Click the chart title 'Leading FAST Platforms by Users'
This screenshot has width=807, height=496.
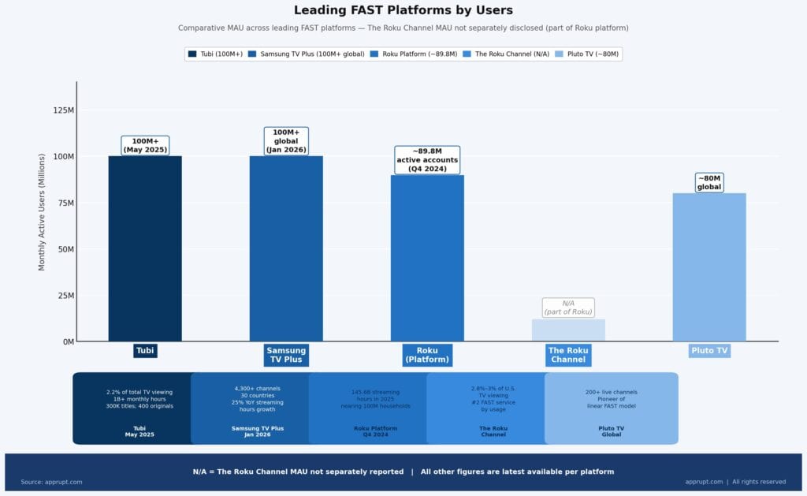(403, 10)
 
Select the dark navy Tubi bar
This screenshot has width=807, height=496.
(145, 248)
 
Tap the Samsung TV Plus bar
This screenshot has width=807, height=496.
(286, 248)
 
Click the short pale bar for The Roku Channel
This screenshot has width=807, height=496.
(568, 330)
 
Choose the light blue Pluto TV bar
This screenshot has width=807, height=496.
(709, 267)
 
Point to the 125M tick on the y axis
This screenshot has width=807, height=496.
(64, 110)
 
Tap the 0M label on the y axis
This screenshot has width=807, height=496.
(67, 342)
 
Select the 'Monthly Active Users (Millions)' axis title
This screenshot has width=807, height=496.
(43, 212)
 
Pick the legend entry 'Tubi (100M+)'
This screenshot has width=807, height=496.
(215, 54)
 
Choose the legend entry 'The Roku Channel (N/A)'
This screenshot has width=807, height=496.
(507, 54)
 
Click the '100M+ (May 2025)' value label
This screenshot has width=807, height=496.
(145, 145)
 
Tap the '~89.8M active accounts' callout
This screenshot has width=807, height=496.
(426, 160)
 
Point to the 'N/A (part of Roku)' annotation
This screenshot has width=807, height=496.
(568, 308)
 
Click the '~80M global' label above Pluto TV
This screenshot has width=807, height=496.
(709, 183)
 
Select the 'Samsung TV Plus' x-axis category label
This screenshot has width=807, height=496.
(286, 356)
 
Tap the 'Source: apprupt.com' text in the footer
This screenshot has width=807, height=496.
(51, 482)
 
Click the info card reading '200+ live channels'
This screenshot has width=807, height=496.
(611, 408)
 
